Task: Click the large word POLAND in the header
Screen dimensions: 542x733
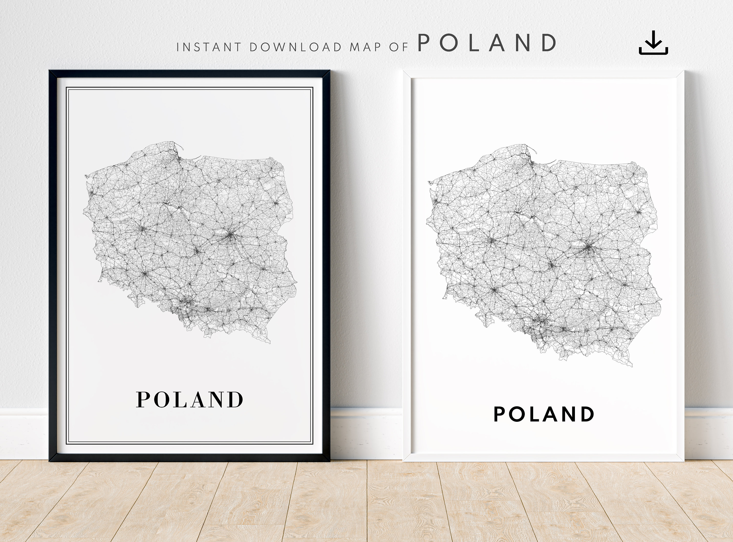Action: pyautogui.click(x=487, y=43)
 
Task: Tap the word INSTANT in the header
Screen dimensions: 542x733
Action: pyautogui.click(x=209, y=47)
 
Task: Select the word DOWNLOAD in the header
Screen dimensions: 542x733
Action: pyautogui.click(x=295, y=47)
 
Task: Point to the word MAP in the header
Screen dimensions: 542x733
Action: pyautogui.click(x=365, y=47)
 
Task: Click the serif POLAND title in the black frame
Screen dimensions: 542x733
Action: pyautogui.click(x=190, y=399)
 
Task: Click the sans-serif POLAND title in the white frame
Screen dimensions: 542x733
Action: pyautogui.click(x=544, y=414)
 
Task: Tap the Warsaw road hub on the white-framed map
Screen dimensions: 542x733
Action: pyautogui.click(x=589, y=248)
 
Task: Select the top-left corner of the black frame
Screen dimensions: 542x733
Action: pyautogui.click(x=50, y=71)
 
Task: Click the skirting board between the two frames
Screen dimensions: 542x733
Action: pyautogui.click(x=366, y=433)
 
